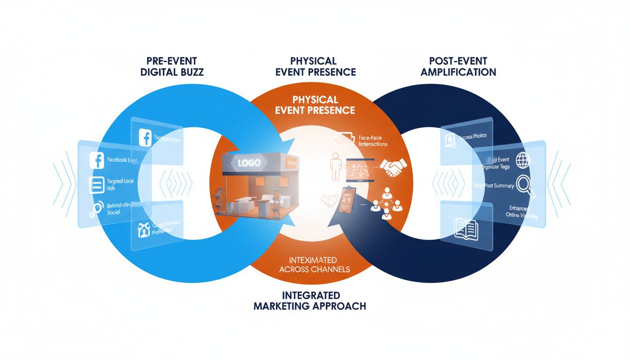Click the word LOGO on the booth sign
coord(248,164)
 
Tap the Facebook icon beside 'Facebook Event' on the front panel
coord(97,160)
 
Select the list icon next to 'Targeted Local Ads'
coord(96,184)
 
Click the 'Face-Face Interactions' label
coord(373,141)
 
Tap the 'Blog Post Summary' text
coord(493,186)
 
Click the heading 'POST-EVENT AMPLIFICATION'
coord(457,67)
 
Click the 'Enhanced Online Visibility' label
coord(522,212)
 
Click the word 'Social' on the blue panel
coord(113,212)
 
